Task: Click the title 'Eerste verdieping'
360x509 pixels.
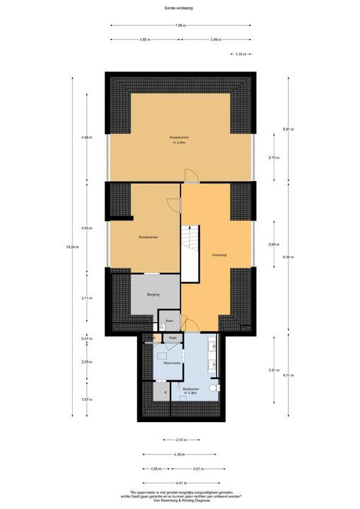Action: click(x=180, y=8)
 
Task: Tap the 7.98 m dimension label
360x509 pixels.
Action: click(x=181, y=26)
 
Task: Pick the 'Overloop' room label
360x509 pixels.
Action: click(x=219, y=255)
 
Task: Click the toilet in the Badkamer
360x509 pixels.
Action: click(x=220, y=388)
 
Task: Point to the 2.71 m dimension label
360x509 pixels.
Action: click(x=86, y=298)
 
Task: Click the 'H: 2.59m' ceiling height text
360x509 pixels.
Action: click(x=179, y=143)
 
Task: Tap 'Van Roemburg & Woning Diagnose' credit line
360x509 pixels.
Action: click(x=180, y=503)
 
